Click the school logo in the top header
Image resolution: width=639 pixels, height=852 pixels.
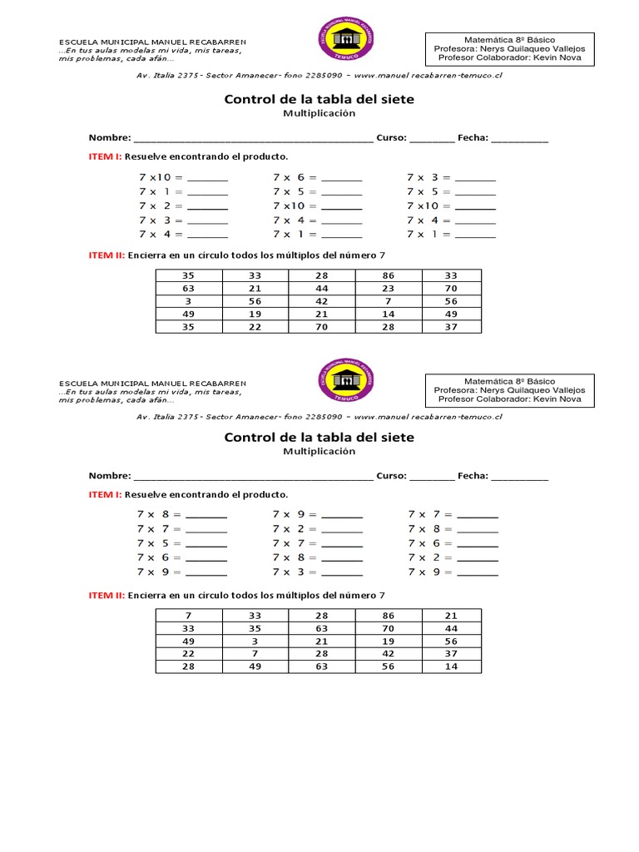pos(347,42)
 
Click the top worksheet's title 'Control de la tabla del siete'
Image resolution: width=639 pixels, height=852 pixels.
pos(319,99)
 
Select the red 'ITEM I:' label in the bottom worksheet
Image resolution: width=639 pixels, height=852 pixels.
pos(106,494)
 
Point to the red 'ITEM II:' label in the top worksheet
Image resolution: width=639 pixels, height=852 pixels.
pos(106,255)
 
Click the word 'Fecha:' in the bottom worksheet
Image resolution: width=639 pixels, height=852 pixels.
pos(473,476)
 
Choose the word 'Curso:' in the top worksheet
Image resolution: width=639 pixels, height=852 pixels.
pos(390,138)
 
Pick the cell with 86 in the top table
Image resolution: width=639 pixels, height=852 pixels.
pos(389,275)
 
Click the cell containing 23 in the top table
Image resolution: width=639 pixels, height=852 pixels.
pos(389,289)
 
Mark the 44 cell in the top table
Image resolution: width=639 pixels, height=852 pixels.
pos(321,289)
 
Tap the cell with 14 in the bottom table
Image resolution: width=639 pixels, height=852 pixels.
pos(451,666)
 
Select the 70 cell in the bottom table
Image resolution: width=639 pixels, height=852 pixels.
pos(389,628)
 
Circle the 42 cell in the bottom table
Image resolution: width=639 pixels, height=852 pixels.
pos(389,654)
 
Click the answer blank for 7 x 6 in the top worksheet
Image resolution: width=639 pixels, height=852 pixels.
pos(342,177)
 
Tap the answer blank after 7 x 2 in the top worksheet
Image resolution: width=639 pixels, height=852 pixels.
pos(208,206)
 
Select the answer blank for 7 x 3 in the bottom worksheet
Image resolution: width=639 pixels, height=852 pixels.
pos(342,572)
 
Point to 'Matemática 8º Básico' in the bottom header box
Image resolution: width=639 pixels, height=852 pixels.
pos(509,380)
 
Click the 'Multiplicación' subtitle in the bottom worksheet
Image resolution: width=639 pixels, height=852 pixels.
pos(319,452)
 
